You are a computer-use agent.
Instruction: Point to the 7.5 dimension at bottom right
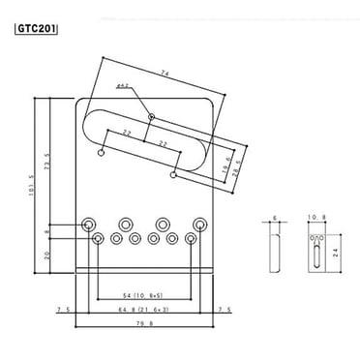(x=225, y=310)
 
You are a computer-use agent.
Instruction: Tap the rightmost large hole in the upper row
(x=199, y=224)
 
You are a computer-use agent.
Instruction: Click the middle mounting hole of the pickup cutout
(x=153, y=117)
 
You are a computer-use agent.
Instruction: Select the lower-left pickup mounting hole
(x=103, y=151)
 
